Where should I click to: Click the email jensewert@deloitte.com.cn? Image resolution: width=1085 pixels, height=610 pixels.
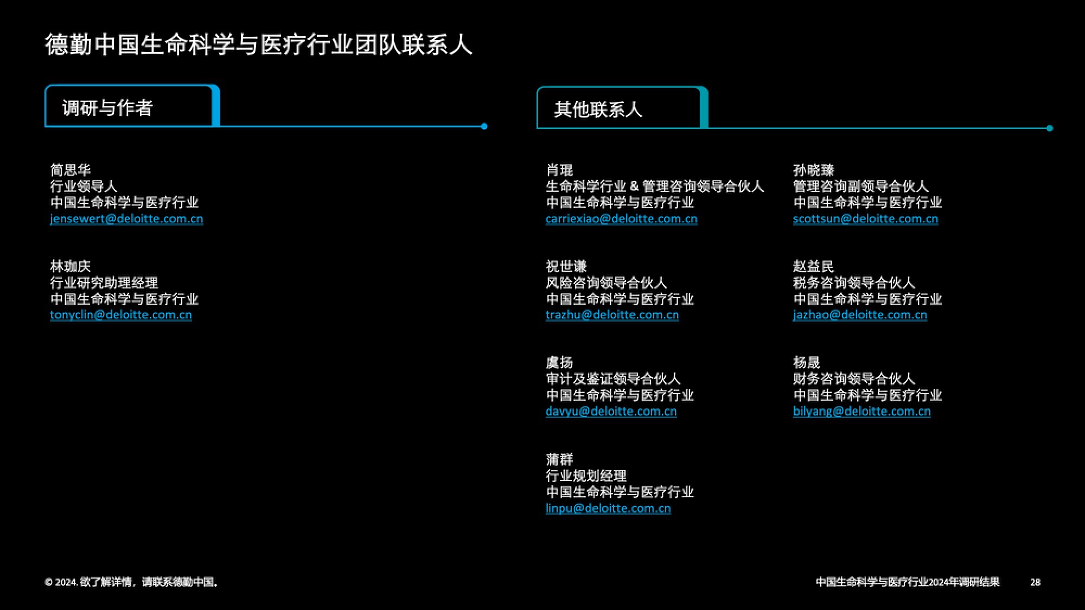[126, 219]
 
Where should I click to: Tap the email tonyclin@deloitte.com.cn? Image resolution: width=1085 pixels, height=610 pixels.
[120, 315]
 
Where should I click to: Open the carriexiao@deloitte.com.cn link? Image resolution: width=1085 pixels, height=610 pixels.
[621, 219]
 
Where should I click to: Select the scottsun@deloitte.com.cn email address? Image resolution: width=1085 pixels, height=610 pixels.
[865, 219]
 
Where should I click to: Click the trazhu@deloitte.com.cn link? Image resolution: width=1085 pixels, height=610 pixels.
[612, 315]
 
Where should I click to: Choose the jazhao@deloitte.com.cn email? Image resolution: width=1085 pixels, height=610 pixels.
[860, 315]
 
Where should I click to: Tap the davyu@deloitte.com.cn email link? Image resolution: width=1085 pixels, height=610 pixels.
[611, 412]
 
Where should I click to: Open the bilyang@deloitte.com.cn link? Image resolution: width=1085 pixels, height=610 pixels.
[861, 412]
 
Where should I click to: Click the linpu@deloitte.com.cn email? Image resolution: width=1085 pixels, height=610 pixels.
[608, 509]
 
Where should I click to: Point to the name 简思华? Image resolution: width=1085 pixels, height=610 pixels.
[71, 170]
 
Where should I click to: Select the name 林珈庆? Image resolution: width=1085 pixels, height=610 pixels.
[71, 266]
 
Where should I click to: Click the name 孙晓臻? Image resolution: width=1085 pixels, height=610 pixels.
[814, 170]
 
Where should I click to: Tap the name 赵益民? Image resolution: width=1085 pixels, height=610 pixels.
[814, 266]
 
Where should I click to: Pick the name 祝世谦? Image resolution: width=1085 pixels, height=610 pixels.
[566, 266]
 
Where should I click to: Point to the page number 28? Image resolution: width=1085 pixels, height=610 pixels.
[1035, 582]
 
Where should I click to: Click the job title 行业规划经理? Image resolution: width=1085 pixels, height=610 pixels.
[586, 476]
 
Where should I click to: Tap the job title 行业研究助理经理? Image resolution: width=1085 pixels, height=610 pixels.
[104, 282]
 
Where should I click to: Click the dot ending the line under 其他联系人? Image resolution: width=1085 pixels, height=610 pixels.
[1050, 129]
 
